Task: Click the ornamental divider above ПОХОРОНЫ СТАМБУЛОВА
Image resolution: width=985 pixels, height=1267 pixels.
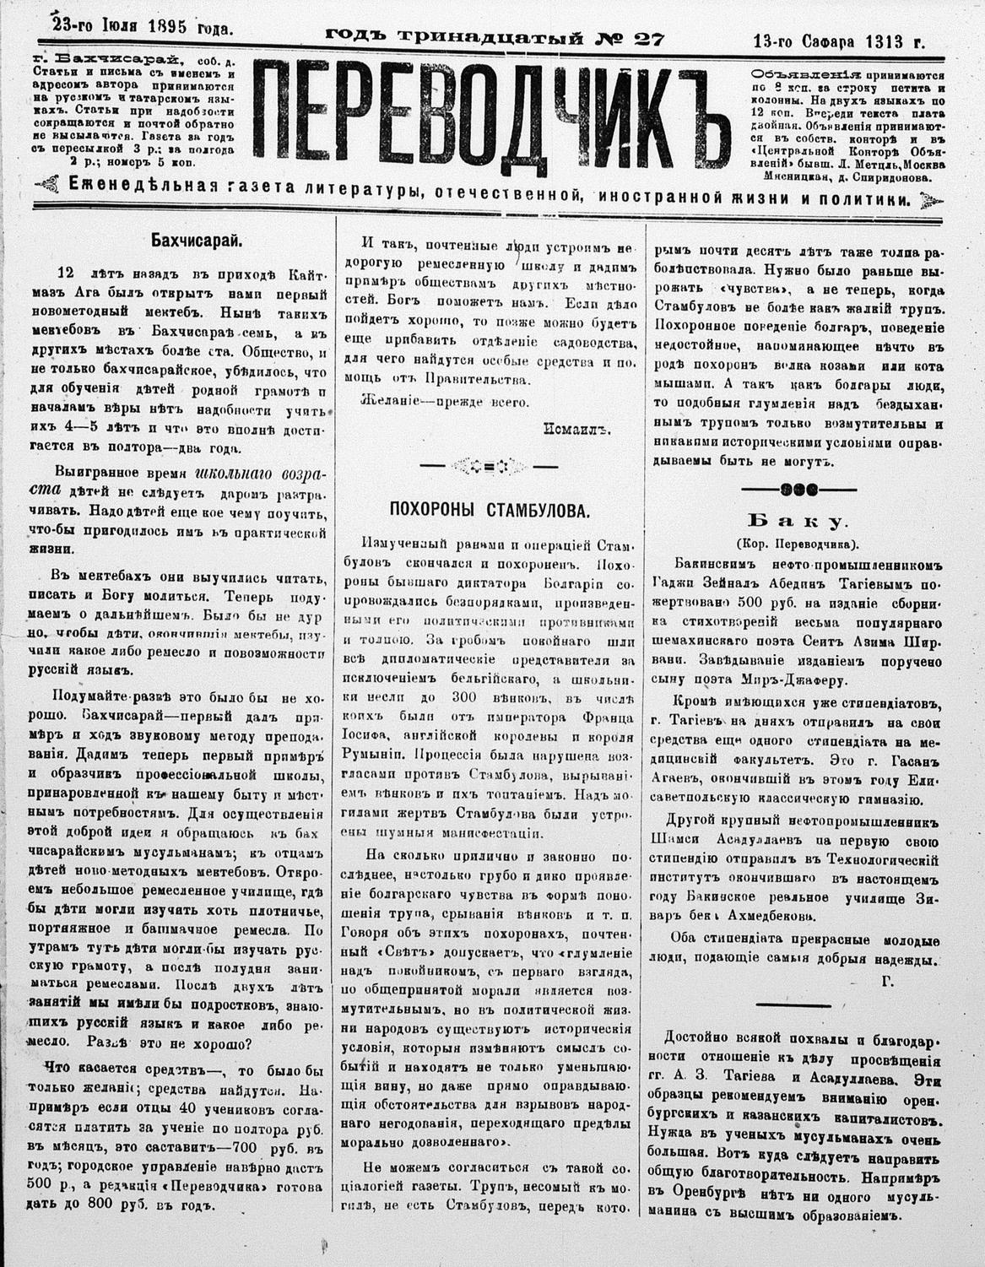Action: click(490, 463)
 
